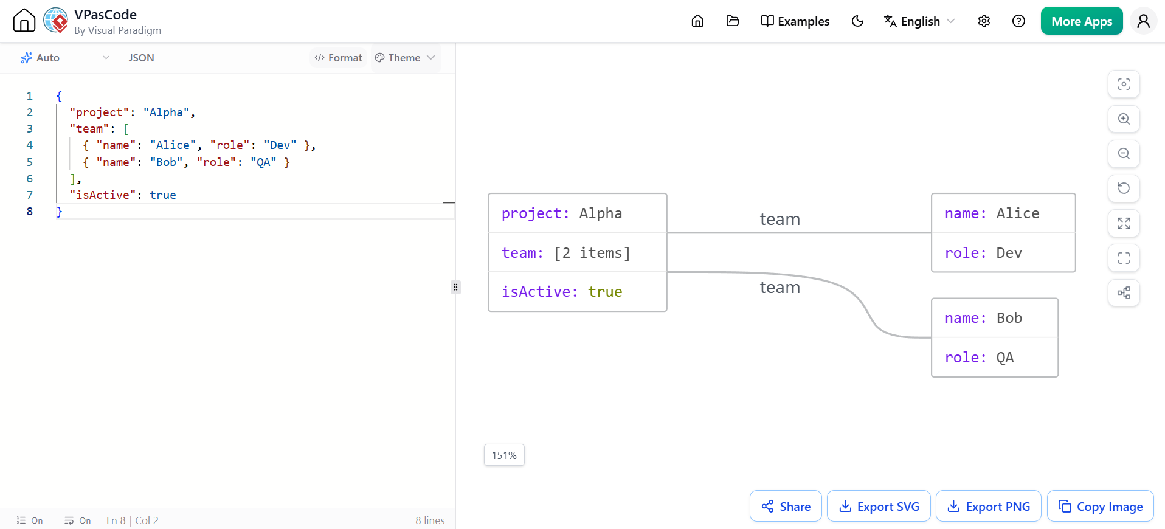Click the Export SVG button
click(879, 506)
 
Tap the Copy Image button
click(1100, 506)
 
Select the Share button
click(786, 506)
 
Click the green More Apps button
click(1082, 21)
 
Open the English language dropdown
click(919, 21)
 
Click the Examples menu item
click(795, 21)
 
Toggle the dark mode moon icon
click(857, 21)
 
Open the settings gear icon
click(984, 21)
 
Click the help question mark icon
click(1018, 21)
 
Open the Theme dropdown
click(405, 58)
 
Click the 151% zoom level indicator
click(504, 455)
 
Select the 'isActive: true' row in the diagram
click(578, 292)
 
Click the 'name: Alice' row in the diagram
click(1003, 213)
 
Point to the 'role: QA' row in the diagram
click(995, 358)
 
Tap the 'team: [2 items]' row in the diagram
click(578, 252)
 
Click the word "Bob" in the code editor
click(166, 162)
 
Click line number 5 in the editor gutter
click(30, 162)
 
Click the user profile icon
click(1143, 21)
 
